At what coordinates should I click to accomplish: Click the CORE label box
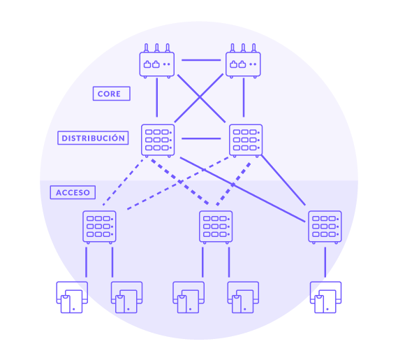[x=112, y=94]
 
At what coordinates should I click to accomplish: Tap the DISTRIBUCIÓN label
[x=93, y=138]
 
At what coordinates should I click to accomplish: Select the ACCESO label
[x=73, y=192]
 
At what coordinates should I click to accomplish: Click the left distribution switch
[x=158, y=141]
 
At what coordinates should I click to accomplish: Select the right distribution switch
[x=246, y=141]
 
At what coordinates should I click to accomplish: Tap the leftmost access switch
[x=99, y=227]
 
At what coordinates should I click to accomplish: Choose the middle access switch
[x=216, y=227]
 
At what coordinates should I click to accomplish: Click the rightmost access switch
[x=325, y=227]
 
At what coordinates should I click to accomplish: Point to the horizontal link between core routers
[x=201, y=60]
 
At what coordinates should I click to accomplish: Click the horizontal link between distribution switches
[x=201, y=138]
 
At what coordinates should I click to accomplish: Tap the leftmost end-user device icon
[x=72, y=297]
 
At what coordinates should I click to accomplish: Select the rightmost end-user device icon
[x=325, y=297]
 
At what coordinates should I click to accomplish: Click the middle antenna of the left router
[x=157, y=48]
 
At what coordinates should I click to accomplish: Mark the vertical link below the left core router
[x=157, y=98]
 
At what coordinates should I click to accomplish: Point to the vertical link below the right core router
[x=244, y=98]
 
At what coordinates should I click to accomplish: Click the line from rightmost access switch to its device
[x=325, y=262]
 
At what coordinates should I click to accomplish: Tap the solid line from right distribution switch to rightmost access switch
[x=283, y=180]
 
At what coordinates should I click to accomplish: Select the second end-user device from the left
[x=126, y=297]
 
